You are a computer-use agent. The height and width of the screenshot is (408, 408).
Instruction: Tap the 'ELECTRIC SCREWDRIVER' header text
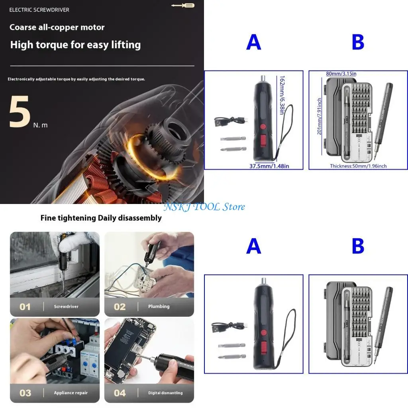point(39,10)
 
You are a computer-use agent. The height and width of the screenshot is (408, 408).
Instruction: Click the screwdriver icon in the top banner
point(182,5)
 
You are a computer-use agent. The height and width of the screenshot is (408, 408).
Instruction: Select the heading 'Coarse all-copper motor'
point(57,27)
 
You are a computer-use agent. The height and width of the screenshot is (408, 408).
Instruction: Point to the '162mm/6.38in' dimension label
point(282,96)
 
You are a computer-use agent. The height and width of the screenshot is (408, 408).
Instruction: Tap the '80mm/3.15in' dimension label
point(341,74)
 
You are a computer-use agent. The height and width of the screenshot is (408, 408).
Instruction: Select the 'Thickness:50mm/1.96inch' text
point(358,166)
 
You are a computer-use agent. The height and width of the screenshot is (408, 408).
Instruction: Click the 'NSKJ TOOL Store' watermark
point(205,207)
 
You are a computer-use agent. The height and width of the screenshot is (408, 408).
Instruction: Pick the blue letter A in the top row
point(253,42)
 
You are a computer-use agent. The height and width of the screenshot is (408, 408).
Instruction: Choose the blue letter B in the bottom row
point(358,247)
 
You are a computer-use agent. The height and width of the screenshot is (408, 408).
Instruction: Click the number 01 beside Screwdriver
point(25,307)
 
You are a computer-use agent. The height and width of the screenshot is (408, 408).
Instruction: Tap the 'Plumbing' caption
point(159,306)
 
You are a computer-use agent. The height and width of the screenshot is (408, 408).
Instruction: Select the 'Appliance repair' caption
point(71,393)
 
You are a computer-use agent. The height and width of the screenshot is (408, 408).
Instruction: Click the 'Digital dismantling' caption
point(165,393)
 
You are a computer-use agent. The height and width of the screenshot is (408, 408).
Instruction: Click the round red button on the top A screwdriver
point(263,127)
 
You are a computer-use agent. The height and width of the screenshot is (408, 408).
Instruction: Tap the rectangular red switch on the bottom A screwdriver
point(263,347)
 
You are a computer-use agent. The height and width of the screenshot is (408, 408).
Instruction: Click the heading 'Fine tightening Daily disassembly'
point(101,218)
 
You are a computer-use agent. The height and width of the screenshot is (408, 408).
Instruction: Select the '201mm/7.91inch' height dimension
point(319,116)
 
